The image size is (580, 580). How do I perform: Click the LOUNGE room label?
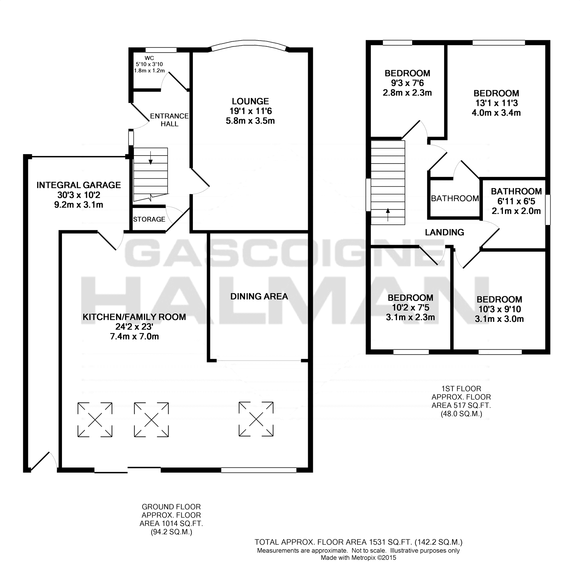click(x=250, y=101)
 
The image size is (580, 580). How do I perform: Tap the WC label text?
click(x=149, y=58)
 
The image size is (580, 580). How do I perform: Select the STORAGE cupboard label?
click(x=149, y=219)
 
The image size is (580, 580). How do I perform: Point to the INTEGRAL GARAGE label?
click(x=79, y=185)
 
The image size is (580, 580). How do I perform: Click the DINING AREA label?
click(x=259, y=297)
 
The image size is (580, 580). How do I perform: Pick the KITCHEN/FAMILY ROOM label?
click(x=134, y=317)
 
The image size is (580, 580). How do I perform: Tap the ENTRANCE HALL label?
click(x=169, y=120)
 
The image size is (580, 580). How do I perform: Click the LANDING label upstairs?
click(x=444, y=232)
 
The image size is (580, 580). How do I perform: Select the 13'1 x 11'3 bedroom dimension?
click(x=496, y=103)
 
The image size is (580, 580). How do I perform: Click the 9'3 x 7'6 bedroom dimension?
click(x=407, y=83)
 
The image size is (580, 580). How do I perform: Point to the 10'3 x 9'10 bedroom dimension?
click(x=499, y=309)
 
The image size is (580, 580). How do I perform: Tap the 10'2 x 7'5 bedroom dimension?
click(x=410, y=308)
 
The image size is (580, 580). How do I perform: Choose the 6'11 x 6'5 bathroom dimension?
click(x=516, y=201)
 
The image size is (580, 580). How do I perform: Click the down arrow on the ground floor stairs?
click(x=151, y=159)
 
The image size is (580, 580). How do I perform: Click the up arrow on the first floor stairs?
click(x=388, y=214)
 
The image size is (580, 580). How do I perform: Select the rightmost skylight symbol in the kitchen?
click(x=256, y=419)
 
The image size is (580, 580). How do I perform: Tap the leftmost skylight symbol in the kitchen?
click(x=95, y=420)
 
